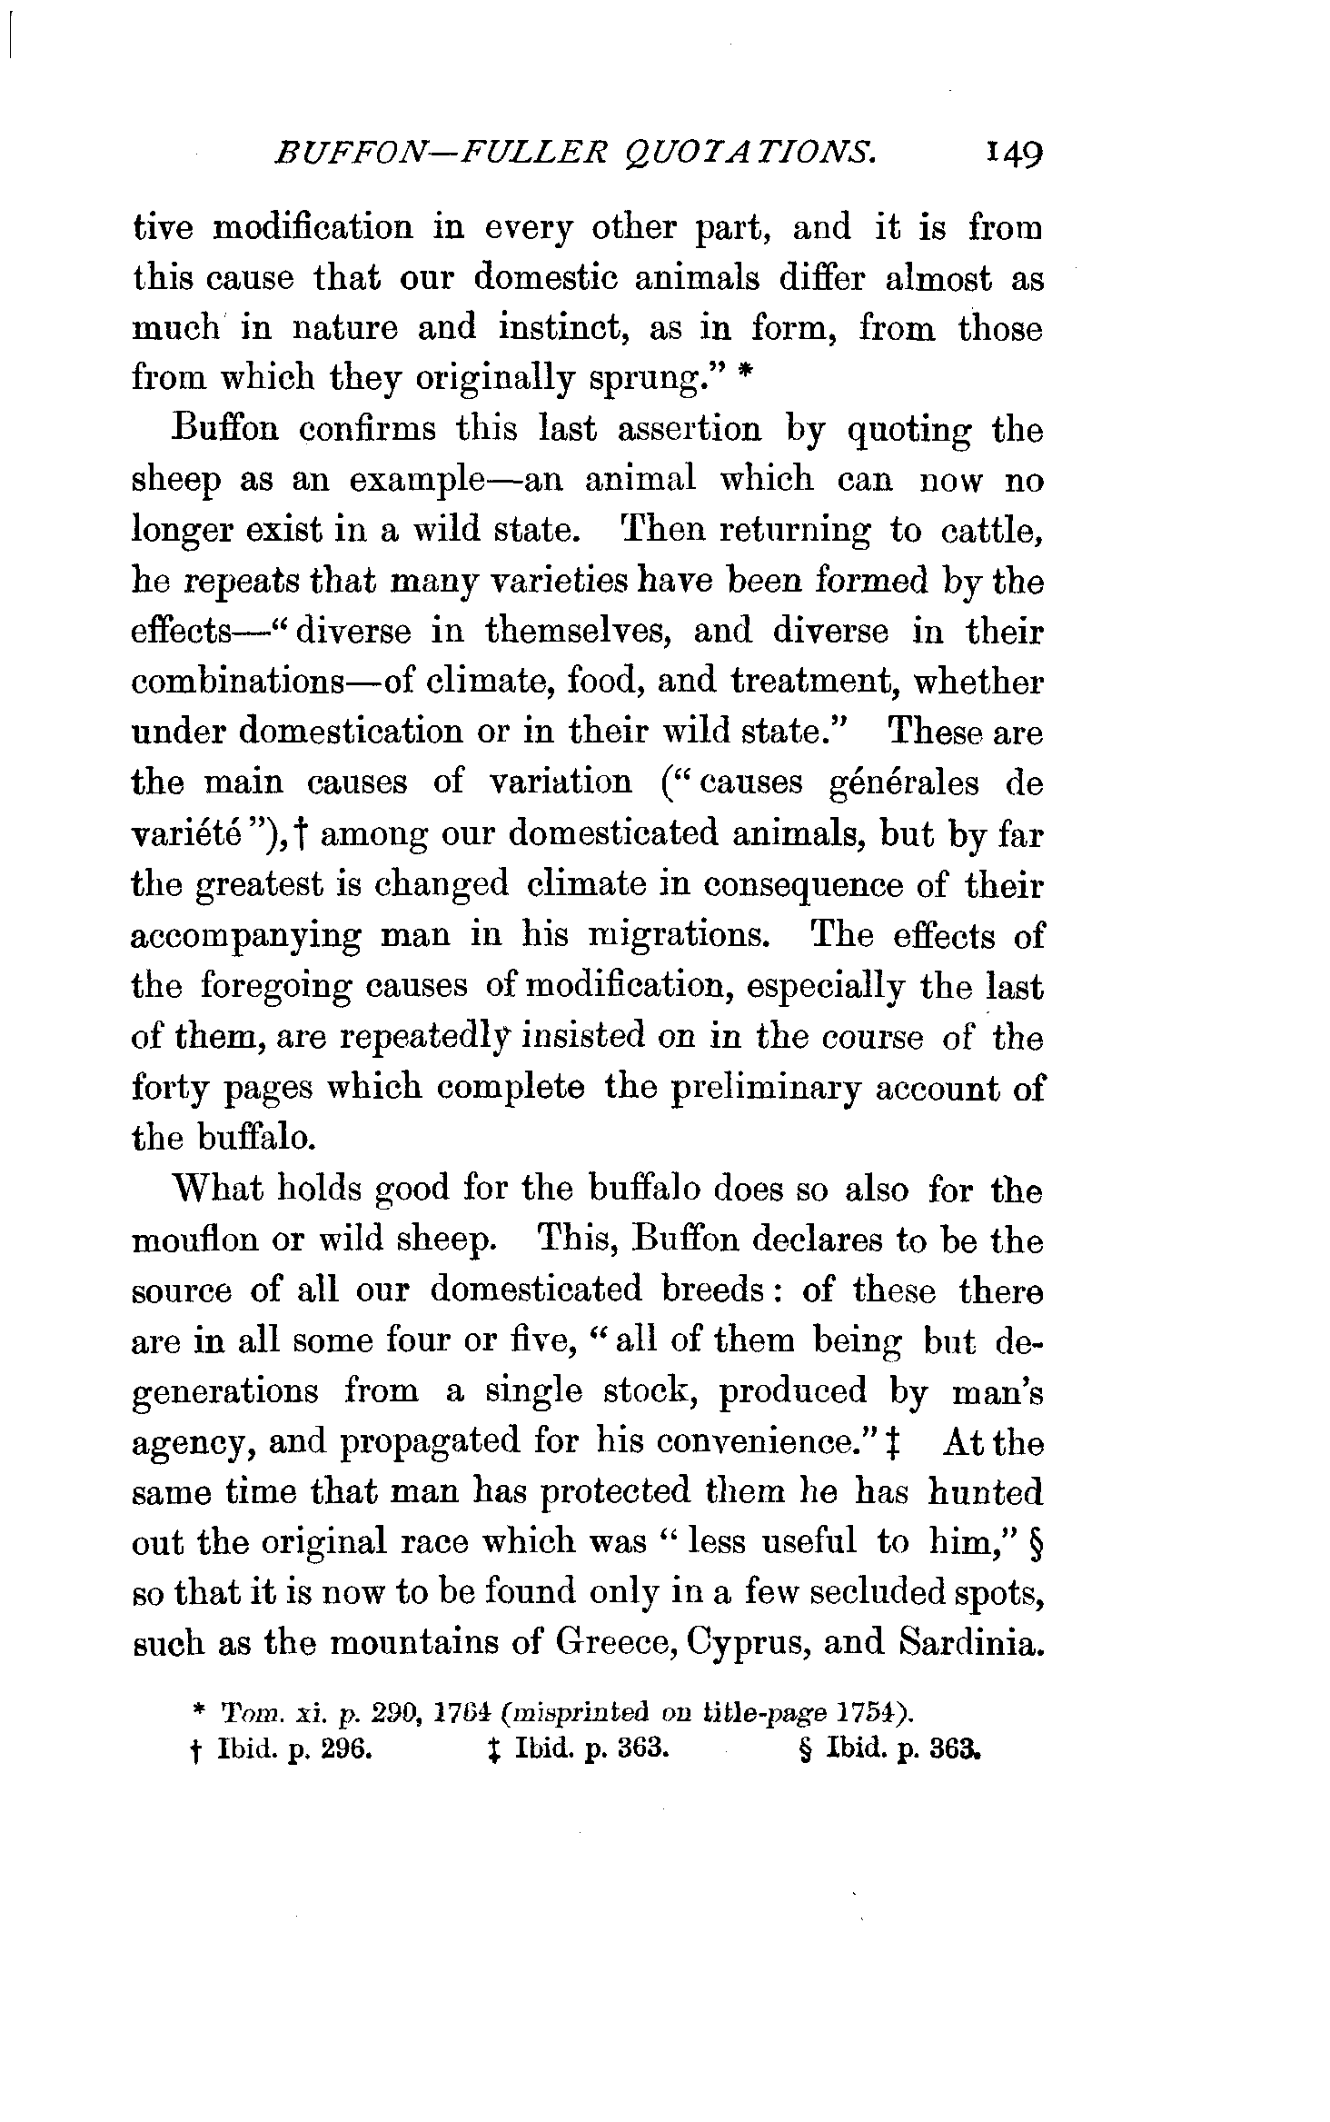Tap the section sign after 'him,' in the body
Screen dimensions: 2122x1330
pyautogui.click(x=1035, y=1543)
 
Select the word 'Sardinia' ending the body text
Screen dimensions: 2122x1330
pyautogui.click(x=969, y=1643)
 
